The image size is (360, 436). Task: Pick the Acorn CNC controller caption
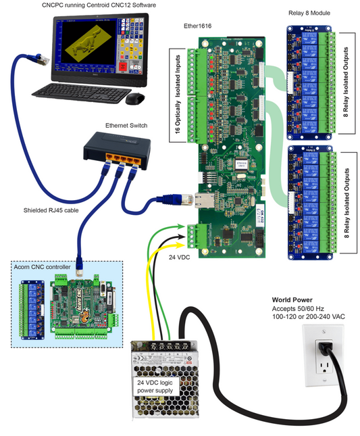click(42, 267)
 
